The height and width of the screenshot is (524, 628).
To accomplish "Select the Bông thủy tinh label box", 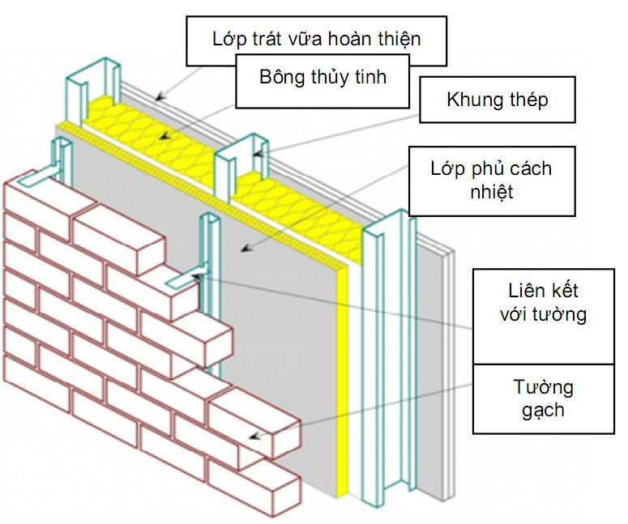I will (323, 79).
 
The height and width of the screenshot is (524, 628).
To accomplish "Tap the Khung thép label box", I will (497, 100).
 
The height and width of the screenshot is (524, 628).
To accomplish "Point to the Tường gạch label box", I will (542, 396).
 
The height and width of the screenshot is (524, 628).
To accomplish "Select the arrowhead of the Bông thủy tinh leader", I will (162, 137).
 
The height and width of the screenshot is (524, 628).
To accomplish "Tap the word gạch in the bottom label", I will (542, 409).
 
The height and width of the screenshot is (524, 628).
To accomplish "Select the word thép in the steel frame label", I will (527, 100).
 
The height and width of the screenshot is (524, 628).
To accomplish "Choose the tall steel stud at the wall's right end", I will (384, 364).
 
